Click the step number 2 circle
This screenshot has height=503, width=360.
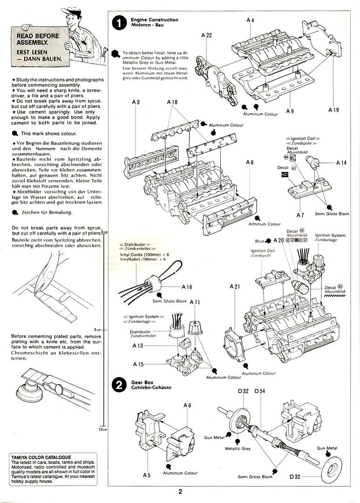pos(120,385)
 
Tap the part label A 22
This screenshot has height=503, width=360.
pos(207,35)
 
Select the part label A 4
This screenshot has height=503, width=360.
pos(251,20)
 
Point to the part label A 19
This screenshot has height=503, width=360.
pos(333,110)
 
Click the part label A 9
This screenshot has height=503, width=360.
pos(290,111)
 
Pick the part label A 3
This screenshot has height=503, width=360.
pos(136,102)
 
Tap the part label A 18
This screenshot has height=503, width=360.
pos(172,102)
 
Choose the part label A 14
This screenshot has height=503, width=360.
pos(341,163)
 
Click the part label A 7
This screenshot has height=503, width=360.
pos(300,216)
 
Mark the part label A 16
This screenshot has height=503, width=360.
pos(187,287)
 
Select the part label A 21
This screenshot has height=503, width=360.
pos(235,286)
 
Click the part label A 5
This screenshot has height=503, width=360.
pos(147,475)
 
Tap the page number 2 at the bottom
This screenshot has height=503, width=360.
pos(180,490)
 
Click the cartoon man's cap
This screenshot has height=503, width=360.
pos(70,10)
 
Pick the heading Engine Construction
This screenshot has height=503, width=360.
pos(154,20)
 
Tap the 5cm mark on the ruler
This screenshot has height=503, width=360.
pos(98,329)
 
